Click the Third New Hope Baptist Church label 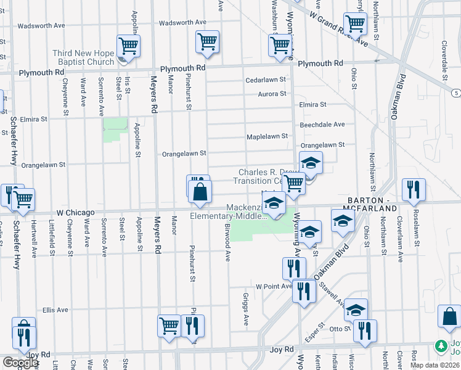pyautogui.click(x=83, y=57)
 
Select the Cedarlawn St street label pyautogui.click(x=266, y=80)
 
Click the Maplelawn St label pyautogui.click(x=267, y=136)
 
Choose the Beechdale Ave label pyautogui.click(x=322, y=125)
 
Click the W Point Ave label pyautogui.click(x=274, y=286)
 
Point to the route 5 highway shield pyautogui.click(x=455, y=92)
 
